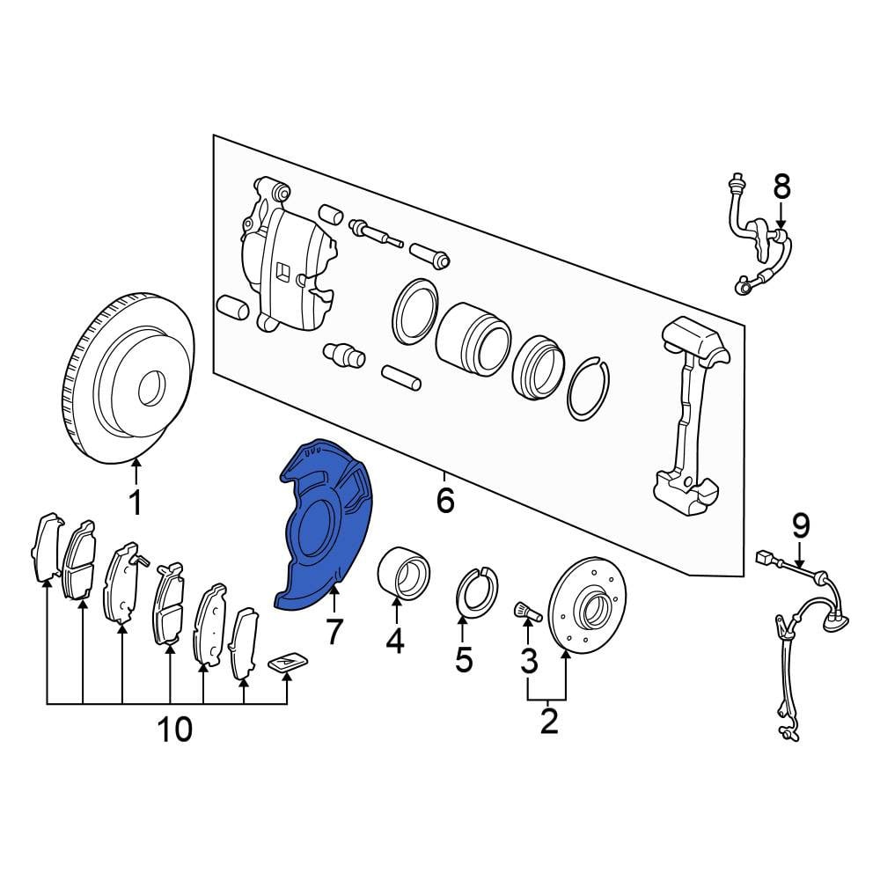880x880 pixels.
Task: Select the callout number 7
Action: (334, 632)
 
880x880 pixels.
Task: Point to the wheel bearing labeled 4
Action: (403, 573)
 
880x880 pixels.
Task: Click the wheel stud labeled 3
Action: (526, 612)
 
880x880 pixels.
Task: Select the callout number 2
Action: (549, 722)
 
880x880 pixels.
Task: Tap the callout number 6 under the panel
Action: (445, 500)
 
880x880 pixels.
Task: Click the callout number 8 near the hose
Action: (781, 187)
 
